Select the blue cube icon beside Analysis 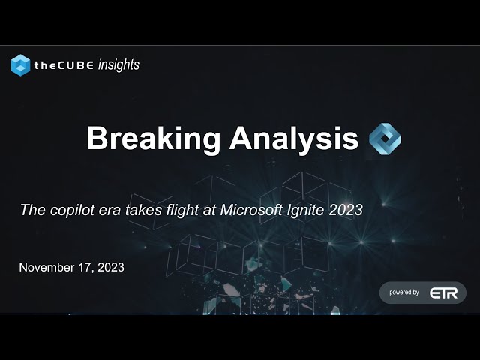(x=385, y=139)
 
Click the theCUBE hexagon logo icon (x=20, y=65)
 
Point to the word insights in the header (x=118, y=65)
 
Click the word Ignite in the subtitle (x=313, y=211)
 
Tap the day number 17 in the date (x=85, y=267)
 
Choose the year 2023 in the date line (x=109, y=267)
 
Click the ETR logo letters (x=443, y=292)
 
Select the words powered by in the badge (x=404, y=292)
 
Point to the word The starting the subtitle (x=31, y=211)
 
